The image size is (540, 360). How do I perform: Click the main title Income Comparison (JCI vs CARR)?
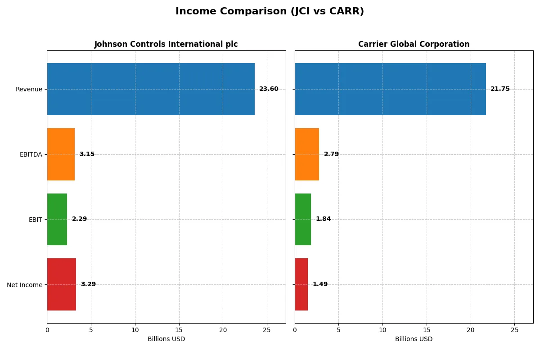(270, 11)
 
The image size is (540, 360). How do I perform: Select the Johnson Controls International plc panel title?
(166, 44)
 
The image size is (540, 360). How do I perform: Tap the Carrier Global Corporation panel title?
(414, 44)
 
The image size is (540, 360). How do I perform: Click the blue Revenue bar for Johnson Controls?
(150, 89)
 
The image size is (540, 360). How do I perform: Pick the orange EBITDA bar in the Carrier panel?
(307, 154)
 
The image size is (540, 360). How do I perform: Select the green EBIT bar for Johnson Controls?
(57, 220)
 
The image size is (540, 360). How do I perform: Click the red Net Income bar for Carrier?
(301, 284)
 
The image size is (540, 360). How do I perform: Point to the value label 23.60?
(269, 89)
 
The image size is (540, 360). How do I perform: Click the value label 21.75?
(500, 89)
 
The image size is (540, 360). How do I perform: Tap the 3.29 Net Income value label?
(88, 284)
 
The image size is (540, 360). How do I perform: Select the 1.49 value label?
(320, 284)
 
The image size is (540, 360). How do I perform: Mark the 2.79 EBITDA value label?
(331, 154)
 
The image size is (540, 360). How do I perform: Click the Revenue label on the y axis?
(29, 89)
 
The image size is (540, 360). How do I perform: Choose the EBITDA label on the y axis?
(31, 154)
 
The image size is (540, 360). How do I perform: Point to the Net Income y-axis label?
(25, 285)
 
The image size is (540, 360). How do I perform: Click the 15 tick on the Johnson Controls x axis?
(179, 330)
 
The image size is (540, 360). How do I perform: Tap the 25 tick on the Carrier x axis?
(514, 330)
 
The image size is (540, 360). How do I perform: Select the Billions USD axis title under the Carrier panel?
(414, 339)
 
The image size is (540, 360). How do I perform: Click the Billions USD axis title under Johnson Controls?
(166, 339)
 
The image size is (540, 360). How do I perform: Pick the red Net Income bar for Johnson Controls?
(62, 284)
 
